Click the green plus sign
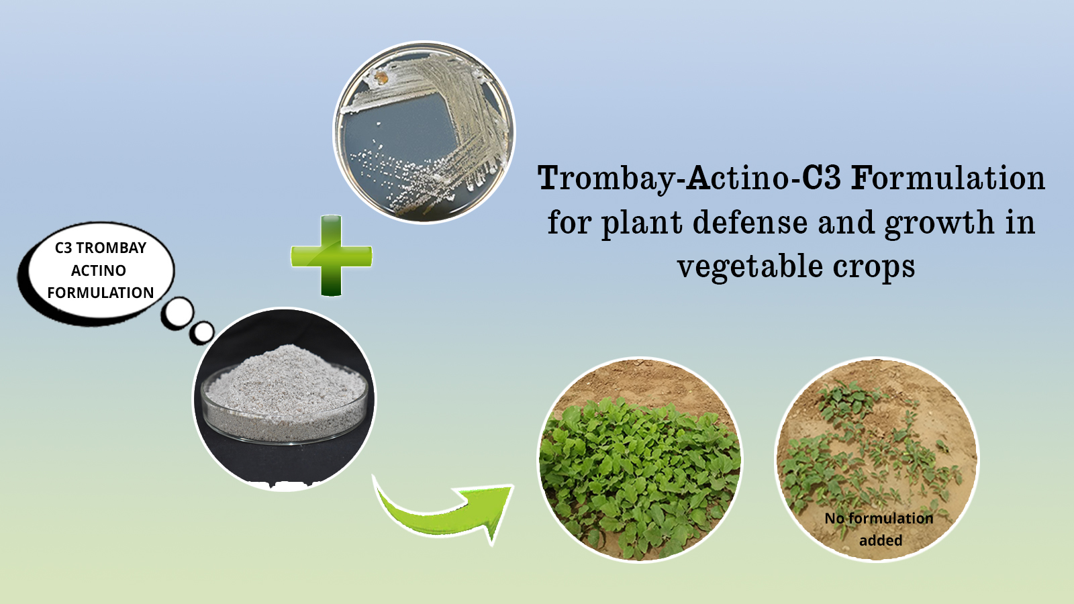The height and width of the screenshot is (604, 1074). [332, 256]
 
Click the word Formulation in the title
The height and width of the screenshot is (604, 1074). [948, 178]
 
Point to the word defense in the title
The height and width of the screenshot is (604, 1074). [750, 222]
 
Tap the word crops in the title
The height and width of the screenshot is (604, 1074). [873, 268]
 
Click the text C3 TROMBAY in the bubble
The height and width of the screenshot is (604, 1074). [100, 248]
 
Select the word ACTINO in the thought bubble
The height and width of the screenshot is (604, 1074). [99, 270]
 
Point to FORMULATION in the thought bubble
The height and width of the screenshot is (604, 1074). [100, 293]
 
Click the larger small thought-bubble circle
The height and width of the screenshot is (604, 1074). [177, 313]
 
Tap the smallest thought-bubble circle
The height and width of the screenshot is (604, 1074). [202, 332]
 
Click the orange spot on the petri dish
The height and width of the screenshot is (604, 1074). [381, 77]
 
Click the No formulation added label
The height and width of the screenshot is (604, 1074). [879, 529]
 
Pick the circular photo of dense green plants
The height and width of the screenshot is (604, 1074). [640, 460]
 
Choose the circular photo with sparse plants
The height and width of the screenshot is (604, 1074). [877, 460]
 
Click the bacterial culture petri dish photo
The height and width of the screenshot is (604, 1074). [424, 132]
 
